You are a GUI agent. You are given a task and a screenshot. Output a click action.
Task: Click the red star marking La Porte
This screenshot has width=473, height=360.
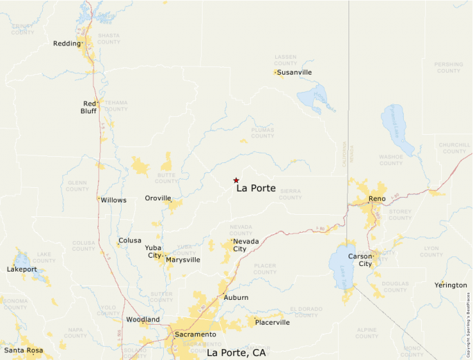pyautogui.click(x=236, y=180)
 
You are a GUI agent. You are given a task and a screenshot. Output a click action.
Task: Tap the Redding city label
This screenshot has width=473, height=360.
pyautogui.click(x=66, y=44)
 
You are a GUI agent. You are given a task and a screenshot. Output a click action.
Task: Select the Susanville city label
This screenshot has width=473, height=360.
pyautogui.click(x=295, y=72)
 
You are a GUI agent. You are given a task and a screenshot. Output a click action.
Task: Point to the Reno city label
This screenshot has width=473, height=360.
pyautogui.click(x=377, y=199)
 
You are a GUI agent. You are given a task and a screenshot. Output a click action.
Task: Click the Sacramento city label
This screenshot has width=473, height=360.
pyautogui.click(x=194, y=334)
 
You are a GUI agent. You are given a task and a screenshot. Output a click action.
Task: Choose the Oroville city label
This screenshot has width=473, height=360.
pyautogui.click(x=158, y=198)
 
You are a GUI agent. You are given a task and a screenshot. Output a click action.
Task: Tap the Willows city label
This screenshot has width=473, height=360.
pyautogui.click(x=113, y=200)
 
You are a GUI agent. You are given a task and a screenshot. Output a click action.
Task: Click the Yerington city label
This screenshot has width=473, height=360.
pyautogui.click(x=451, y=285)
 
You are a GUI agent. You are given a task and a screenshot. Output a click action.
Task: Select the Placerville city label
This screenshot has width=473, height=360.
pyautogui.click(x=272, y=323)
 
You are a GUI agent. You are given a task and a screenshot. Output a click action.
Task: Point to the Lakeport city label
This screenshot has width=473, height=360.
pyautogui.click(x=21, y=269)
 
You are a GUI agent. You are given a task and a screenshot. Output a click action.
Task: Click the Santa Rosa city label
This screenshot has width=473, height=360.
pyautogui.click(x=24, y=350)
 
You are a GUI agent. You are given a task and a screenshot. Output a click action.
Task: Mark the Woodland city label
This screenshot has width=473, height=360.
pyautogui.click(x=142, y=320)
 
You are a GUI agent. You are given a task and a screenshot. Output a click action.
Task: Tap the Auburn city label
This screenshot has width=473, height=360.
pyautogui.click(x=236, y=298)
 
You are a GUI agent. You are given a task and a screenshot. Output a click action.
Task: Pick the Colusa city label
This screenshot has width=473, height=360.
pyautogui.click(x=130, y=240)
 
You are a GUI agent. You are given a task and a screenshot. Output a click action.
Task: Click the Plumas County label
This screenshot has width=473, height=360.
pyautogui.click(x=263, y=132)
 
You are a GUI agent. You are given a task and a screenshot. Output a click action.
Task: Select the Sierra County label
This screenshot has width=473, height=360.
pyautogui.click(x=290, y=193)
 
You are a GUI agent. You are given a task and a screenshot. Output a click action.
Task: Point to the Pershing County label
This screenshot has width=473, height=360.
pyautogui.click(x=448, y=67)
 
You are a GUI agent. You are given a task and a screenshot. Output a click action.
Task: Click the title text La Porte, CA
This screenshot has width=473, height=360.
pyautogui.click(x=236, y=352)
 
